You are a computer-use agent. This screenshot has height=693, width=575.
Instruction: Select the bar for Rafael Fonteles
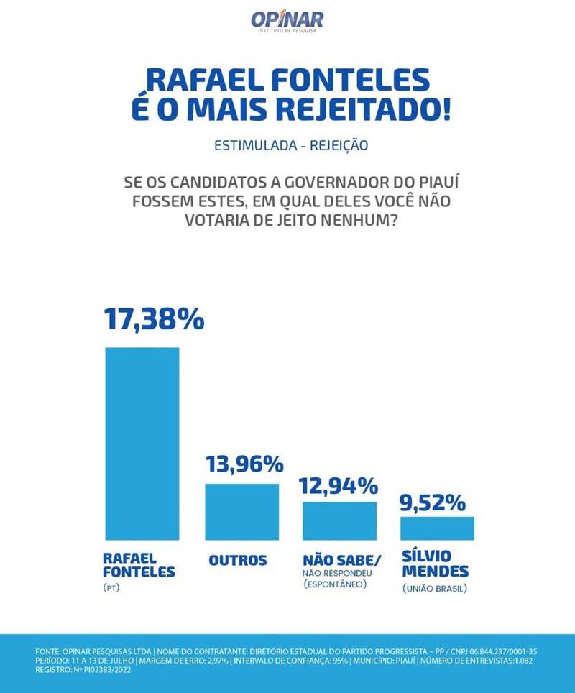click(142, 443)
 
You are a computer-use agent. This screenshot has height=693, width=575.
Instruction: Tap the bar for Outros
click(241, 511)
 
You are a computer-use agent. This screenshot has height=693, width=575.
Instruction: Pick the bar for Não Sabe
click(339, 520)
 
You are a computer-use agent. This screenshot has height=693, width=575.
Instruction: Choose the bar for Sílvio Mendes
click(437, 528)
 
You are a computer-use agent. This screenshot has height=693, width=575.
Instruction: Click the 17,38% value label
click(154, 318)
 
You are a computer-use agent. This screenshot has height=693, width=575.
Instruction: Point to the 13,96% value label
click(244, 464)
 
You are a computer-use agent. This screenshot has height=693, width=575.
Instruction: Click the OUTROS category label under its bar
click(238, 561)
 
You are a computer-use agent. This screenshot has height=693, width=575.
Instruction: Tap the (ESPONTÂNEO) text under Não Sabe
click(335, 585)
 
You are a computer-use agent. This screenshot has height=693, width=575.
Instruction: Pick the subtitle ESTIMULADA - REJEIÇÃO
click(291, 145)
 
